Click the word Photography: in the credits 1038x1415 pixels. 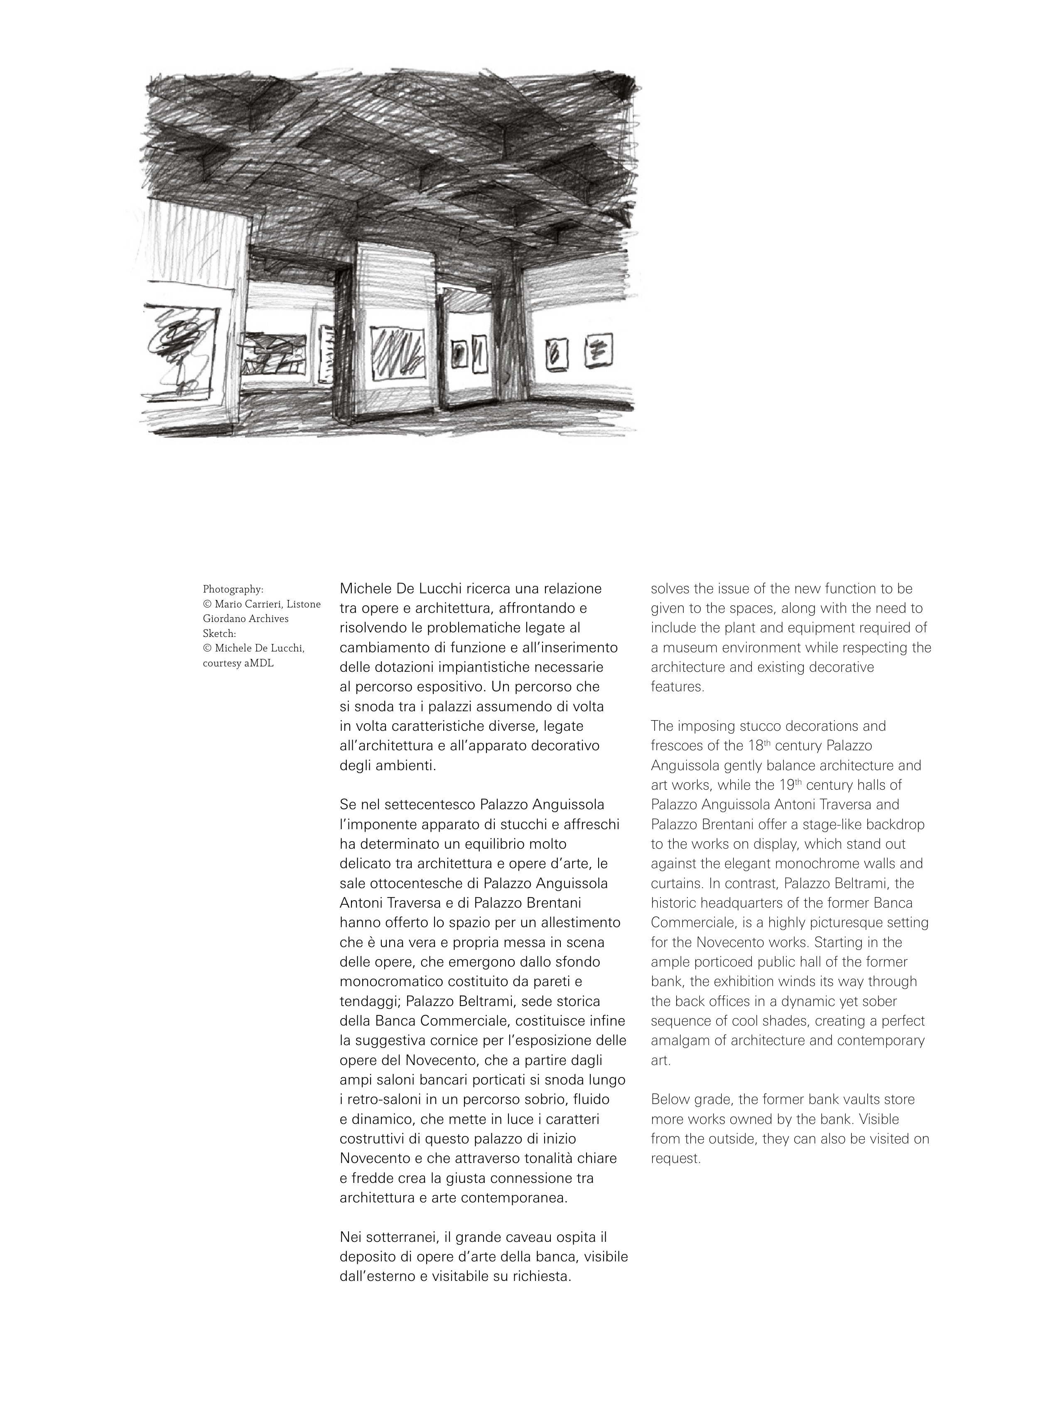click(233, 589)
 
